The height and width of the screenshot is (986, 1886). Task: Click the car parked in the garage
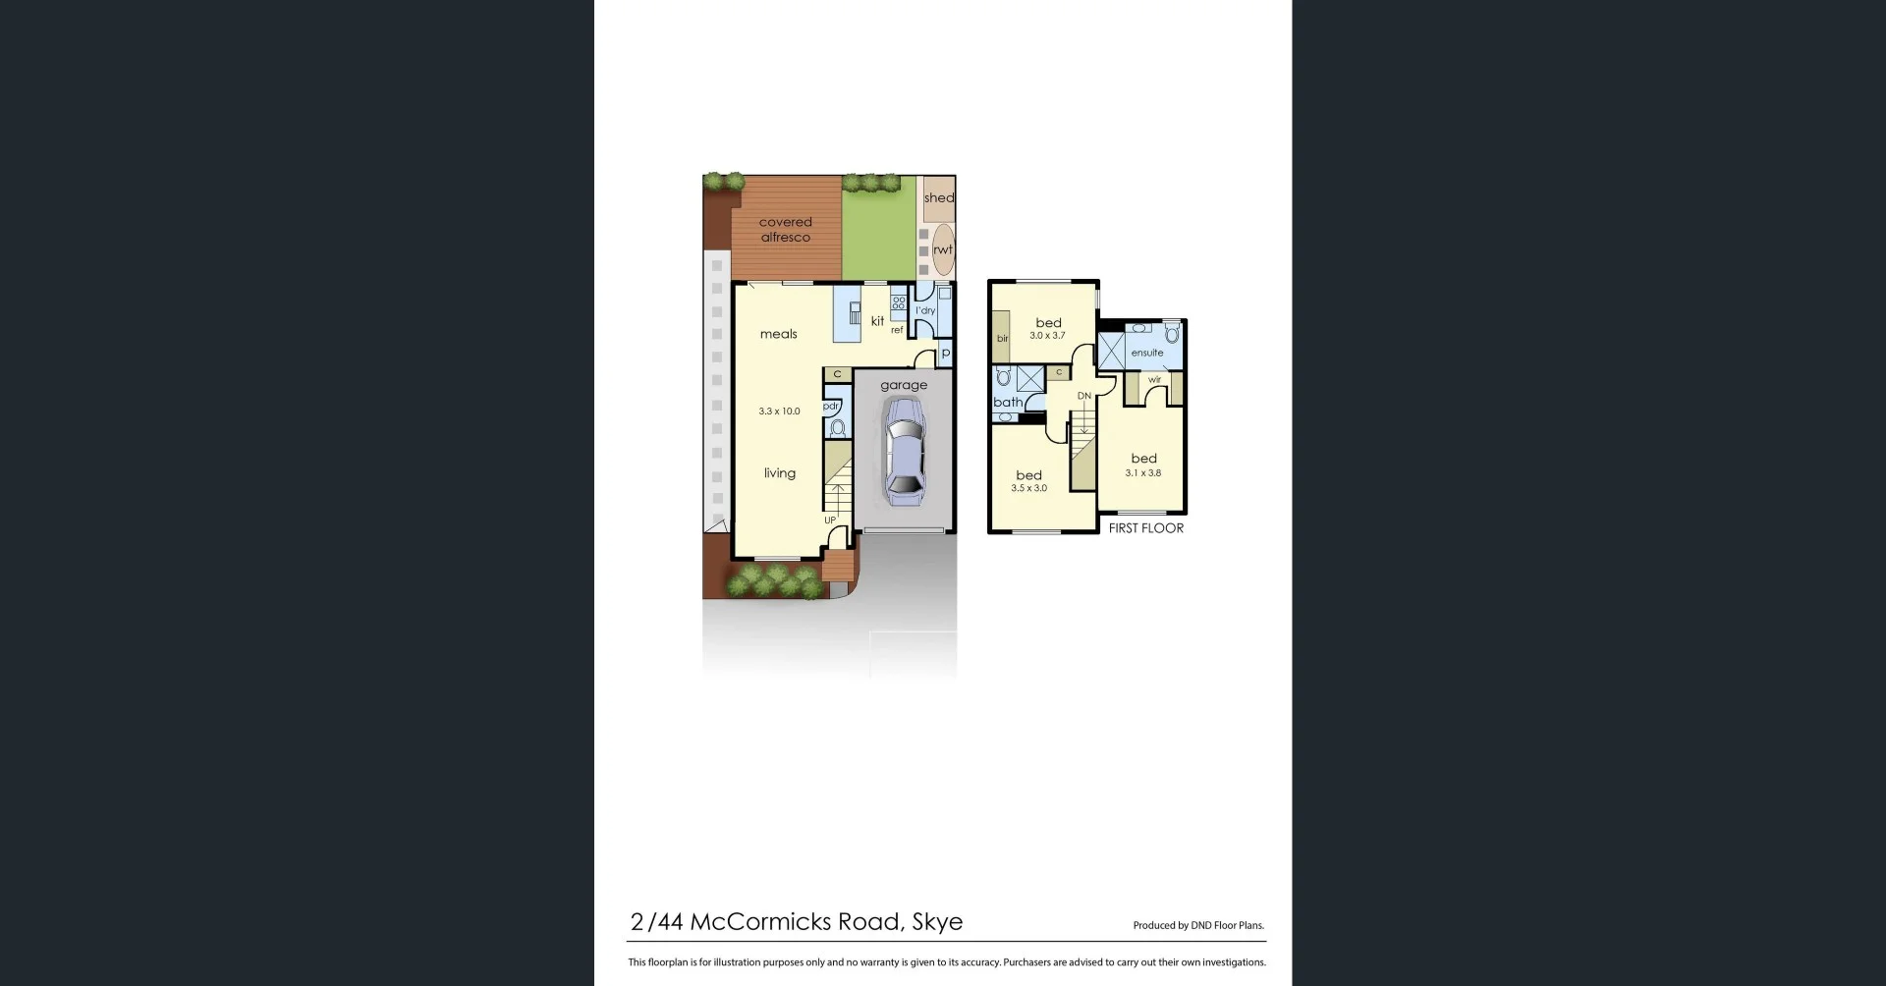[904, 452]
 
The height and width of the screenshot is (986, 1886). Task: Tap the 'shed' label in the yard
[938, 198]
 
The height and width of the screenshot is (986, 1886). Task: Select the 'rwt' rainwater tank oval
[943, 249]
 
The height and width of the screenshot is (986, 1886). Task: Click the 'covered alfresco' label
[786, 230]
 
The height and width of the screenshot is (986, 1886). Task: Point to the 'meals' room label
[779, 335]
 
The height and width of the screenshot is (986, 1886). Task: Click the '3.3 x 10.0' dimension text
[779, 411]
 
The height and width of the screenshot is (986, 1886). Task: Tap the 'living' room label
[780, 473]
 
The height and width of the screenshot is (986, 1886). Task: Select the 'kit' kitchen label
[877, 321]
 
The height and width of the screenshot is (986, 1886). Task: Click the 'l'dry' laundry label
[925, 311]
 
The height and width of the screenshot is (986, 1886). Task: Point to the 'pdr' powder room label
[831, 406]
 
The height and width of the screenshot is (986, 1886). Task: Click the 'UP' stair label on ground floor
[830, 520]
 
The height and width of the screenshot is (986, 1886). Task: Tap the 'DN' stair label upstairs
[1084, 397]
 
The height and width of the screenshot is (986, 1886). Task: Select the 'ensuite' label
[1147, 353]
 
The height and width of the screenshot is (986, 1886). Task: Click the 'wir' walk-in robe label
[1154, 380]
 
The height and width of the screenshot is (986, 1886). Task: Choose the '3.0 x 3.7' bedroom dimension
[1047, 336]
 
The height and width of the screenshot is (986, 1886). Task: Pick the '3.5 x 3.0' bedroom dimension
[1029, 488]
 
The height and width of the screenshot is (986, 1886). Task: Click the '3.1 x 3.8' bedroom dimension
[1143, 473]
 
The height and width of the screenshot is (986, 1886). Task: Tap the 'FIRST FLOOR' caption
[1146, 528]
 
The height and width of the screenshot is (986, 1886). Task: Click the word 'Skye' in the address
[937, 922]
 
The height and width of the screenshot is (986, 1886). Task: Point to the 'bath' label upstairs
[1008, 403]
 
